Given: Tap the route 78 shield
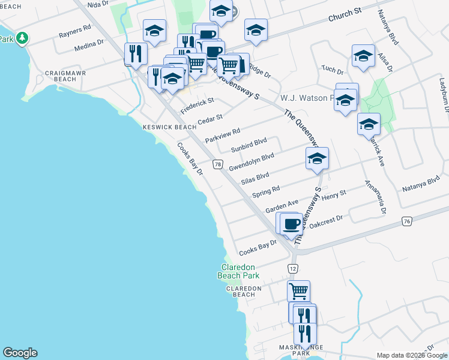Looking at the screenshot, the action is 218,164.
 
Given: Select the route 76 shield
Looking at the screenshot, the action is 408,222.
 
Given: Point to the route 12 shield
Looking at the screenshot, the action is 292,268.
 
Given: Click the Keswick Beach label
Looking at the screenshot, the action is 169,127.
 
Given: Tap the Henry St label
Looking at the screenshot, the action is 334,195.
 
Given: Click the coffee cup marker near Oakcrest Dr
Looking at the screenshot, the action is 291,224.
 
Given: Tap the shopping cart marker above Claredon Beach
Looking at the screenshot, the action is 299,292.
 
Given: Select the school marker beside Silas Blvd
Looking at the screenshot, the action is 317,159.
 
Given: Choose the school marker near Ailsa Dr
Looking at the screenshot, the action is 363,56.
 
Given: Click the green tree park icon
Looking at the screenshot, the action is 22,38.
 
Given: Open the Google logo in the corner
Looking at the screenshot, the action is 20,353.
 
